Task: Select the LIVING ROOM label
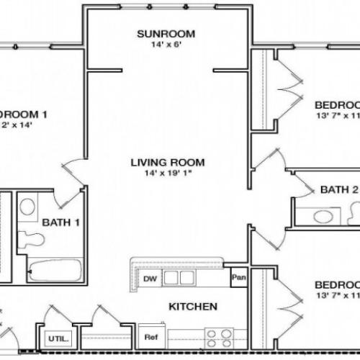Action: pyautogui.click(x=168, y=162)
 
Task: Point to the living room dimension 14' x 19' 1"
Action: pyautogui.click(x=168, y=174)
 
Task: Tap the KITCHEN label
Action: pyautogui.click(x=192, y=307)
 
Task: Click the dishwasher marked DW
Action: pyautogui.click(x=149, y=278)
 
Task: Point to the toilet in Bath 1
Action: pyautogui.click(x=30, y=237)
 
